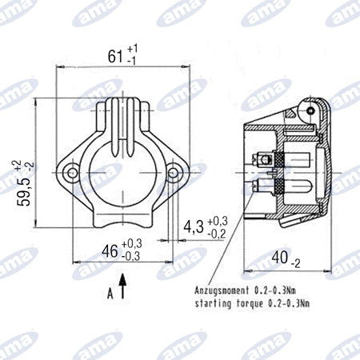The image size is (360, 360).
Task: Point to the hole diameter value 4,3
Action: tap(192, 226)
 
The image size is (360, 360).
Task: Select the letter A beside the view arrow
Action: tap(110, 293)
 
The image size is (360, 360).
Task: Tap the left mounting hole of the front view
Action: tap(74, 172)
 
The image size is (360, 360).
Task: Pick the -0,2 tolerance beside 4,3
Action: tap(216, 234)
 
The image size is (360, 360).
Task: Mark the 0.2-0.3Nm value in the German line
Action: tap(282, 292)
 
